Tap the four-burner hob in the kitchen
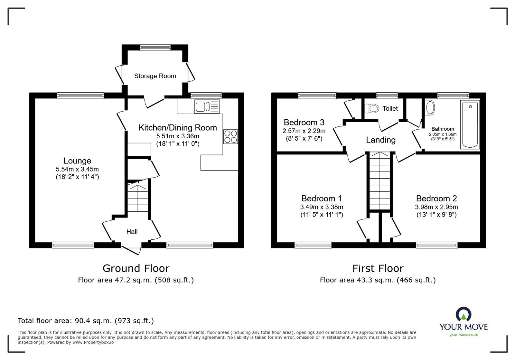(x=230, y=136)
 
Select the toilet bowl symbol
(x=372, y=108)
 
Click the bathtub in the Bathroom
(x=470, y=125)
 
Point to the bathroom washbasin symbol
(x=430, y=107)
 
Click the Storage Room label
(x=155, y=76)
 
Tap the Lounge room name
(x=77, y=161)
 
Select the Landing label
(x=380, y=140)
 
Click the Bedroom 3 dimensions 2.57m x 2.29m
(x=304, y=131)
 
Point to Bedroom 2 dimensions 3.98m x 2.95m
(x=436, y=207)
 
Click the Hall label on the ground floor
(x=132, y=232)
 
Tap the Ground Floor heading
(x=136, y=268)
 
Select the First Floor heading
(x=378, y=268)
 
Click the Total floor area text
(x=86, y=320)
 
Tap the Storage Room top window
(x=155, y=48)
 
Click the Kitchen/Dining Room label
(x=178, y=128)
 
